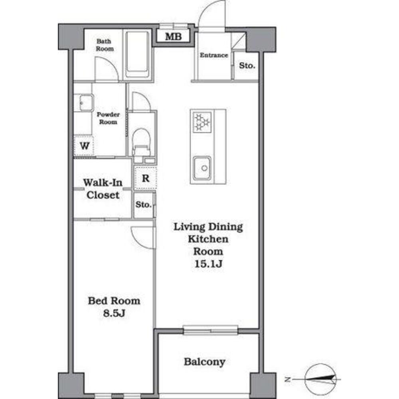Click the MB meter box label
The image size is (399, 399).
pyautogui.click(x=173, y=36)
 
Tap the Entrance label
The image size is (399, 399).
pyautogui.click(x=214, y=55)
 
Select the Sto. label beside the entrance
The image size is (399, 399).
pyautogui.click(x=247, y=65)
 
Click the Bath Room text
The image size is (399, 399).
pyautogui.click(x=105, y=45)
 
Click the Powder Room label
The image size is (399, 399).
pyautogui.click(x=108, y=119)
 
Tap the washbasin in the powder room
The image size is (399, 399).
pyautogui.click(x=85, y=103)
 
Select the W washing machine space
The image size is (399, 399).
pyautogui.click(x=84, y=146)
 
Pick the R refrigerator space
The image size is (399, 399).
pyautogui.click(x=146, y=178)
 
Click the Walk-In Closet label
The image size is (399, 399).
pyautogui.click(x=103, y=189)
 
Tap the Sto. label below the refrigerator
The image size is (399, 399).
pyautogui.click(x=143, y=204)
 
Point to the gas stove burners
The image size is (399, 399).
pyautogui.click(x=202, y=122)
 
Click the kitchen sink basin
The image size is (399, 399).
pyautogui.click(x=202, y=168)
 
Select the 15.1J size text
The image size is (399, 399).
pyautogui.click(x=208, y=264)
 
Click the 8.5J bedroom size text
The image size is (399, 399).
pyautogui.click(x=114, y=313)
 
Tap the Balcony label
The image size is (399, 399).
pyautogui.click(x=205, y=361)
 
